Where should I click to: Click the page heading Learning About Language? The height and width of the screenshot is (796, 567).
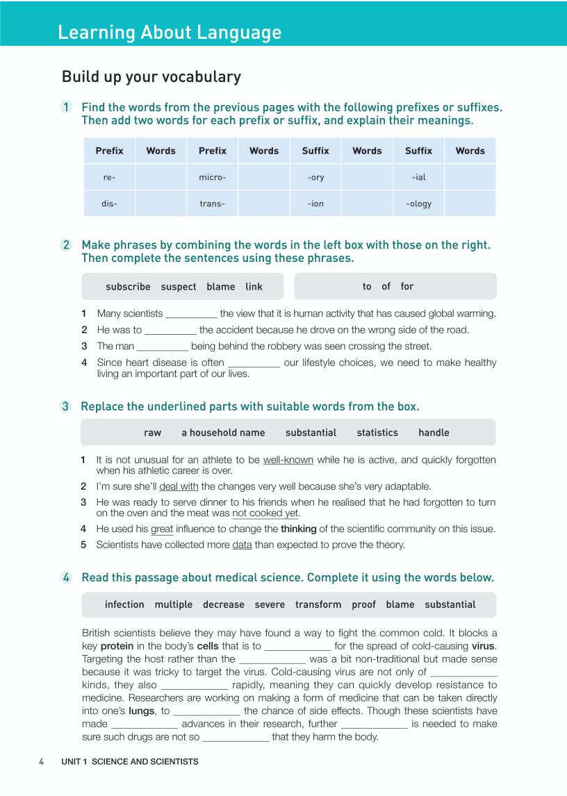click(x=170, y=33)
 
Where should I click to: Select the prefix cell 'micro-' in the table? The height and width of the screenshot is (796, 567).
click(x=212, y=177)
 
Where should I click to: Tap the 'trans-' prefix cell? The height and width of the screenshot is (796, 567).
click(x=212, y=204)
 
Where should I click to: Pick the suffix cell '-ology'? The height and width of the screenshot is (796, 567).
click(x=418, y=204)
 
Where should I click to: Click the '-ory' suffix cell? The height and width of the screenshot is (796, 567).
click(x=315, y=177)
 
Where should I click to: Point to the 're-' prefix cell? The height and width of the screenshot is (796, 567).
click(x=109, y=177)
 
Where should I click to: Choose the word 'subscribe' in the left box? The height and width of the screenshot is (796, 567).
click(x=128, y=287)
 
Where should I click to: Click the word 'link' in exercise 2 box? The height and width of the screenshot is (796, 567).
click(x=254, y=287)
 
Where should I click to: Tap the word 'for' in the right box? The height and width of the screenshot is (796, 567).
click(x=407, y=286)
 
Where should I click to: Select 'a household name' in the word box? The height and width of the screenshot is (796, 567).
click(x=223, y=433)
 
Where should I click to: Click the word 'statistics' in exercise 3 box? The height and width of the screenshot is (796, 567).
click(x=377, y=433)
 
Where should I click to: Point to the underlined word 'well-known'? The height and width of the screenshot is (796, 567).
click(x=288, y=460)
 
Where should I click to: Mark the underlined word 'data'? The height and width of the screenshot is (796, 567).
click(x=242, y=545)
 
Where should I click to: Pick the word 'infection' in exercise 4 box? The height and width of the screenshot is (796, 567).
click(x=124, y=605)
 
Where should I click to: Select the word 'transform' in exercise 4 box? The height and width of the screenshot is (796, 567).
click(x=318, y=605)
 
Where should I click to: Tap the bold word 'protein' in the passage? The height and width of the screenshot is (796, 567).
click(x=117, y=646)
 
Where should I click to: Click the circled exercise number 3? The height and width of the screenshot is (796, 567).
click(x=66, y=406)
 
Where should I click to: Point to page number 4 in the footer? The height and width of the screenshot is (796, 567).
click(x=42, y=761)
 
